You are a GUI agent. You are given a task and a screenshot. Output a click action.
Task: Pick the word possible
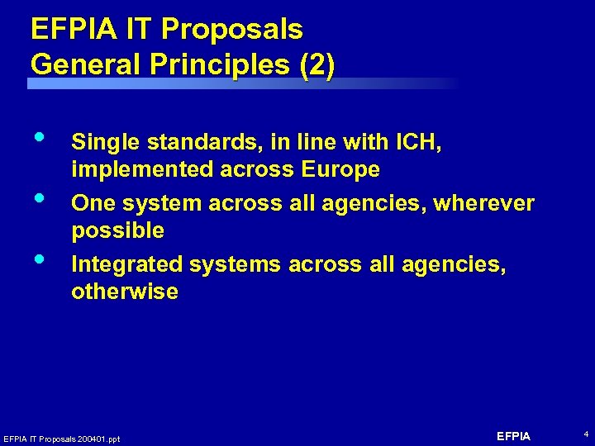pyautogui.click(x=118, y=230)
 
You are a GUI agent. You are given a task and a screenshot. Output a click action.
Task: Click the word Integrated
pyautogui.click(x=126, y=264)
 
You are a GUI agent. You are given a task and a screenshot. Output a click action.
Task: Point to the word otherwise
pyautogui.click(x=125, y=292)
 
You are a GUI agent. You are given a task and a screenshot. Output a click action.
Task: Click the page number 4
pyautogui.click(x=586, y=434)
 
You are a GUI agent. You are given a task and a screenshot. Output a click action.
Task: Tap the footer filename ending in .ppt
pyautogui.click(x=61, y=439)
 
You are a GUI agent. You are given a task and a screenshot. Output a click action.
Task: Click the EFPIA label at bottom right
pyautogui.click(x=513, y=436)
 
